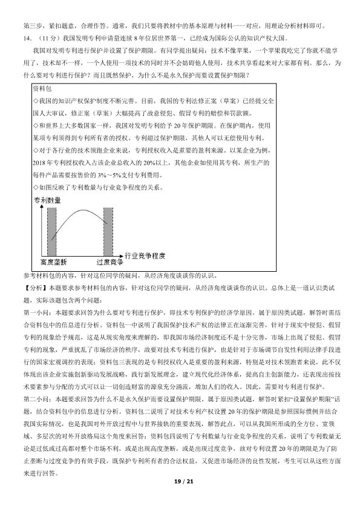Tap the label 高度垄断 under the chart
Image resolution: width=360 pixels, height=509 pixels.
53,263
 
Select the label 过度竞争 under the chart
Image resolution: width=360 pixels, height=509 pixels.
110,263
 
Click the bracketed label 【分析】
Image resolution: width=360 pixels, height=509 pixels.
33,284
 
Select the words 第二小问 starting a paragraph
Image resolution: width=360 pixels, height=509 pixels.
35,417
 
